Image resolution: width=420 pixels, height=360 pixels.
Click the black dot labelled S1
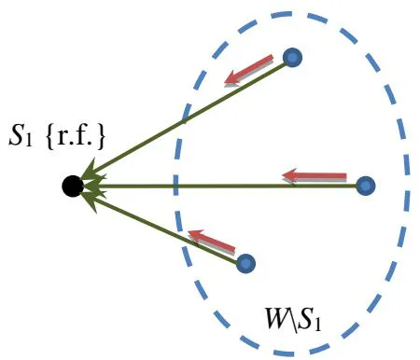tap(73, 187)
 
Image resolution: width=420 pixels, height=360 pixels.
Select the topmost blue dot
tap(292, 58)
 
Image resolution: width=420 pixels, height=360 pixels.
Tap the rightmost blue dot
tap(366, 186)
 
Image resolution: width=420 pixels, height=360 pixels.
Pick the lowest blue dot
tap(245, 264)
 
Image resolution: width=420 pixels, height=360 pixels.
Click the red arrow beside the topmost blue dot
tap(249, 70)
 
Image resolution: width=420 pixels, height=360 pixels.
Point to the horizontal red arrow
tap(315, 176)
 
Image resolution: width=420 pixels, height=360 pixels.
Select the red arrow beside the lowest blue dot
tap(212, 242)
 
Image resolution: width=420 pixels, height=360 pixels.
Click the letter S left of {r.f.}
tap(16, 136)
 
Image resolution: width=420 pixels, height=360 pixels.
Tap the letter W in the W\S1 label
tap(277, 318)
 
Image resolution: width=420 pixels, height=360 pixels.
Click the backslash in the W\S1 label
tap(294, 320)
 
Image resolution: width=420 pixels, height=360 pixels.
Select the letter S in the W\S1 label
tap(305, 319)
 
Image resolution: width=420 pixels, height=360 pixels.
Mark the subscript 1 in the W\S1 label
tap(317, 325)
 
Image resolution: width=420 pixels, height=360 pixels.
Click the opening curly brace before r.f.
tap(50, 138)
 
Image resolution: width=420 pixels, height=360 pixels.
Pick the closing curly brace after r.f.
tap(100, 138)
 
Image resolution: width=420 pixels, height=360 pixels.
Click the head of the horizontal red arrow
tap(287, 176)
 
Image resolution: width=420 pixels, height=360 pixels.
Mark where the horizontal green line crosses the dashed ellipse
tap(175, 187)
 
